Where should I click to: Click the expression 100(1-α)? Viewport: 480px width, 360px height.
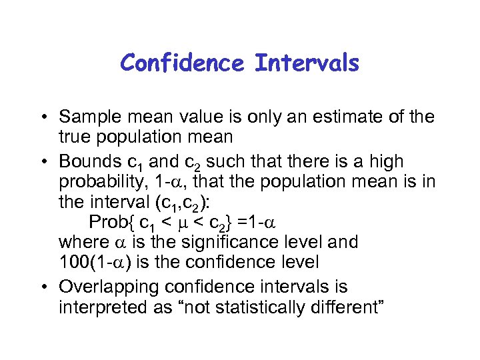click(104, 261)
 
